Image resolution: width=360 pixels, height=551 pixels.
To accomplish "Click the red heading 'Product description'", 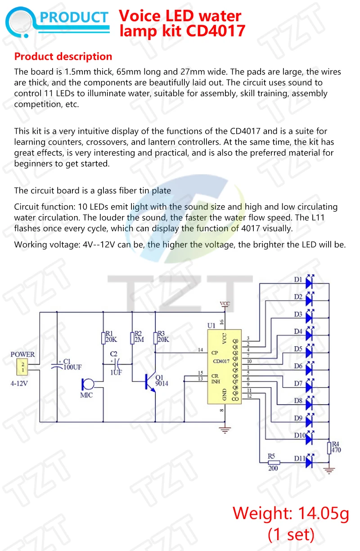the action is tap(63, 57).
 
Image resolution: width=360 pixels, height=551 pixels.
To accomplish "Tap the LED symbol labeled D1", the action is tap(309, 282).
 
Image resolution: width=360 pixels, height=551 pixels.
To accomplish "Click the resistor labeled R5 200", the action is tap(273, 462).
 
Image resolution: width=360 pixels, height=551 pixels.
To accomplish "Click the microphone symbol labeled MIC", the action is tap(87, 385).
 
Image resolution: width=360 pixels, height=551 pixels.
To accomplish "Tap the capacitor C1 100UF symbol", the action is tap(57, 365).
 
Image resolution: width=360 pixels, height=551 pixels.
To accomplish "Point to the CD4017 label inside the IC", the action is tap(221, 361).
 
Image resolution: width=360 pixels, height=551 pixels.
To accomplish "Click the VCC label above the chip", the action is tap(225, 304).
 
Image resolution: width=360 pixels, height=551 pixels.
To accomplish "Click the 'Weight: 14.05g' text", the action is tap(290, 513).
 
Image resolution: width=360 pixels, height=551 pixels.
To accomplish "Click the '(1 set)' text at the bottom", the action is tap(290, 534).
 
